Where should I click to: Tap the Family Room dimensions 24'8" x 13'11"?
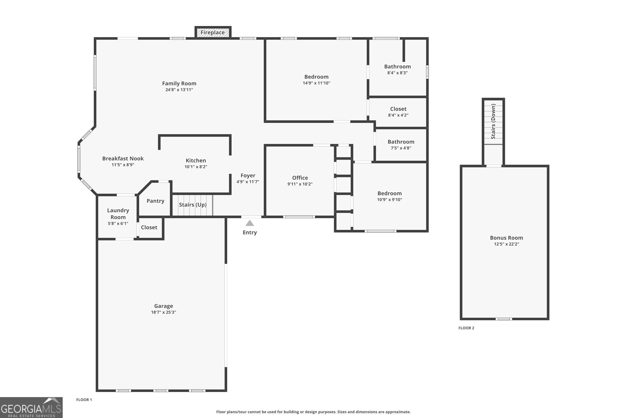pos(179,90)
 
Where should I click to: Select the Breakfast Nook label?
pos(123,159)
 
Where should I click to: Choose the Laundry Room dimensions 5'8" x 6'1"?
pos(118,223)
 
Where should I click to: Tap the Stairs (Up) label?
pos(193,205)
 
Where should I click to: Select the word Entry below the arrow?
pos(250,232)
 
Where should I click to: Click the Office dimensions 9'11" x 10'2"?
pos(300,184)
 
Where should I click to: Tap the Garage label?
pos(163,306)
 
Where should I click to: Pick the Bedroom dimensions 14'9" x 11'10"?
pos(316,83)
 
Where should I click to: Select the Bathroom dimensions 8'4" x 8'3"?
pos(398,73)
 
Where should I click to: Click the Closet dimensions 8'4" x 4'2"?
pos(398,115)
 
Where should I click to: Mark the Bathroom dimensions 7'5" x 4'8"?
pos(401,148)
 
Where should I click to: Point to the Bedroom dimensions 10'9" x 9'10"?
pos(390,200)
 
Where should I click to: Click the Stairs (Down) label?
pos(493,121)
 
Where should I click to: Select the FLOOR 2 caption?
pos(466,328)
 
